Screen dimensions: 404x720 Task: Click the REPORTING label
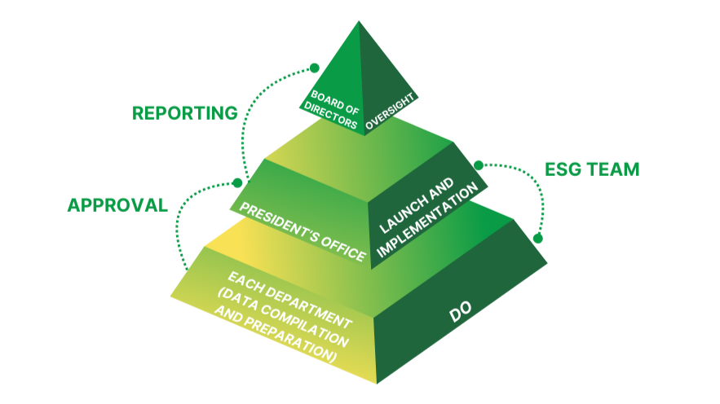pyautogui.click(x=184, y=112)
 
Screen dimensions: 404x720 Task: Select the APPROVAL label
pyautogui.click(x=117, y=204)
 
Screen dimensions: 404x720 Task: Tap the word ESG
pyautogui.click(x=563, y=170)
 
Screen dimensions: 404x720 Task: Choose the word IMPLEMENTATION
pyautogui.click(x=430, y=220)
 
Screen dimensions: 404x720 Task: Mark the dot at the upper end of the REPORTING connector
pyautogui.click(x=312, y=68)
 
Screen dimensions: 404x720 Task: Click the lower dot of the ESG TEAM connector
pyautogui.click(x=537, y=239)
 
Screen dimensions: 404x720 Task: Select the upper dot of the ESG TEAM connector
pyautogui.click(x=477, y=163)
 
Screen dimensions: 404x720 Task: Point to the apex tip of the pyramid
pyautogui.click(x=360, y=22)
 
